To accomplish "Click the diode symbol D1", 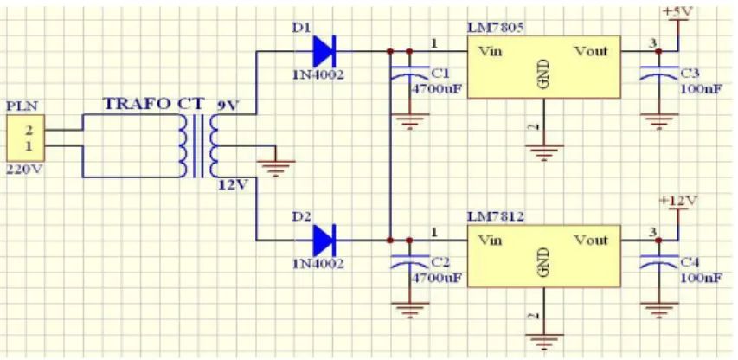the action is tap(324, 51).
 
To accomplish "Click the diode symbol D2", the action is tap(324, 240).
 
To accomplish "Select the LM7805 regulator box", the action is tap(543, 67).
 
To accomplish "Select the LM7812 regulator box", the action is tap(543, 255).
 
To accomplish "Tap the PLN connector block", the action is tap(26, 138).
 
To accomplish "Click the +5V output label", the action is tap(676, 12).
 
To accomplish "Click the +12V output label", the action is tap(678, 200).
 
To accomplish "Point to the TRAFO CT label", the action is tap(154, 104).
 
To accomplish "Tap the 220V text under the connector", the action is tap(23, 170).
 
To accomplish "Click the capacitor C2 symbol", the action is tap(409, 262).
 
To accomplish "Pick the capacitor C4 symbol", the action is tap(658, 262).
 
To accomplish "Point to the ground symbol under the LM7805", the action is tap(544, 153).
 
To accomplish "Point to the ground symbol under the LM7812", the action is tap(544, 342).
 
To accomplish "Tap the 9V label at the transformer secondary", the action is tap(228, 106).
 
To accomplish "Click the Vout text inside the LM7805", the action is tap(591, 51).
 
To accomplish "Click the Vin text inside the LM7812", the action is tap(490, 241).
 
